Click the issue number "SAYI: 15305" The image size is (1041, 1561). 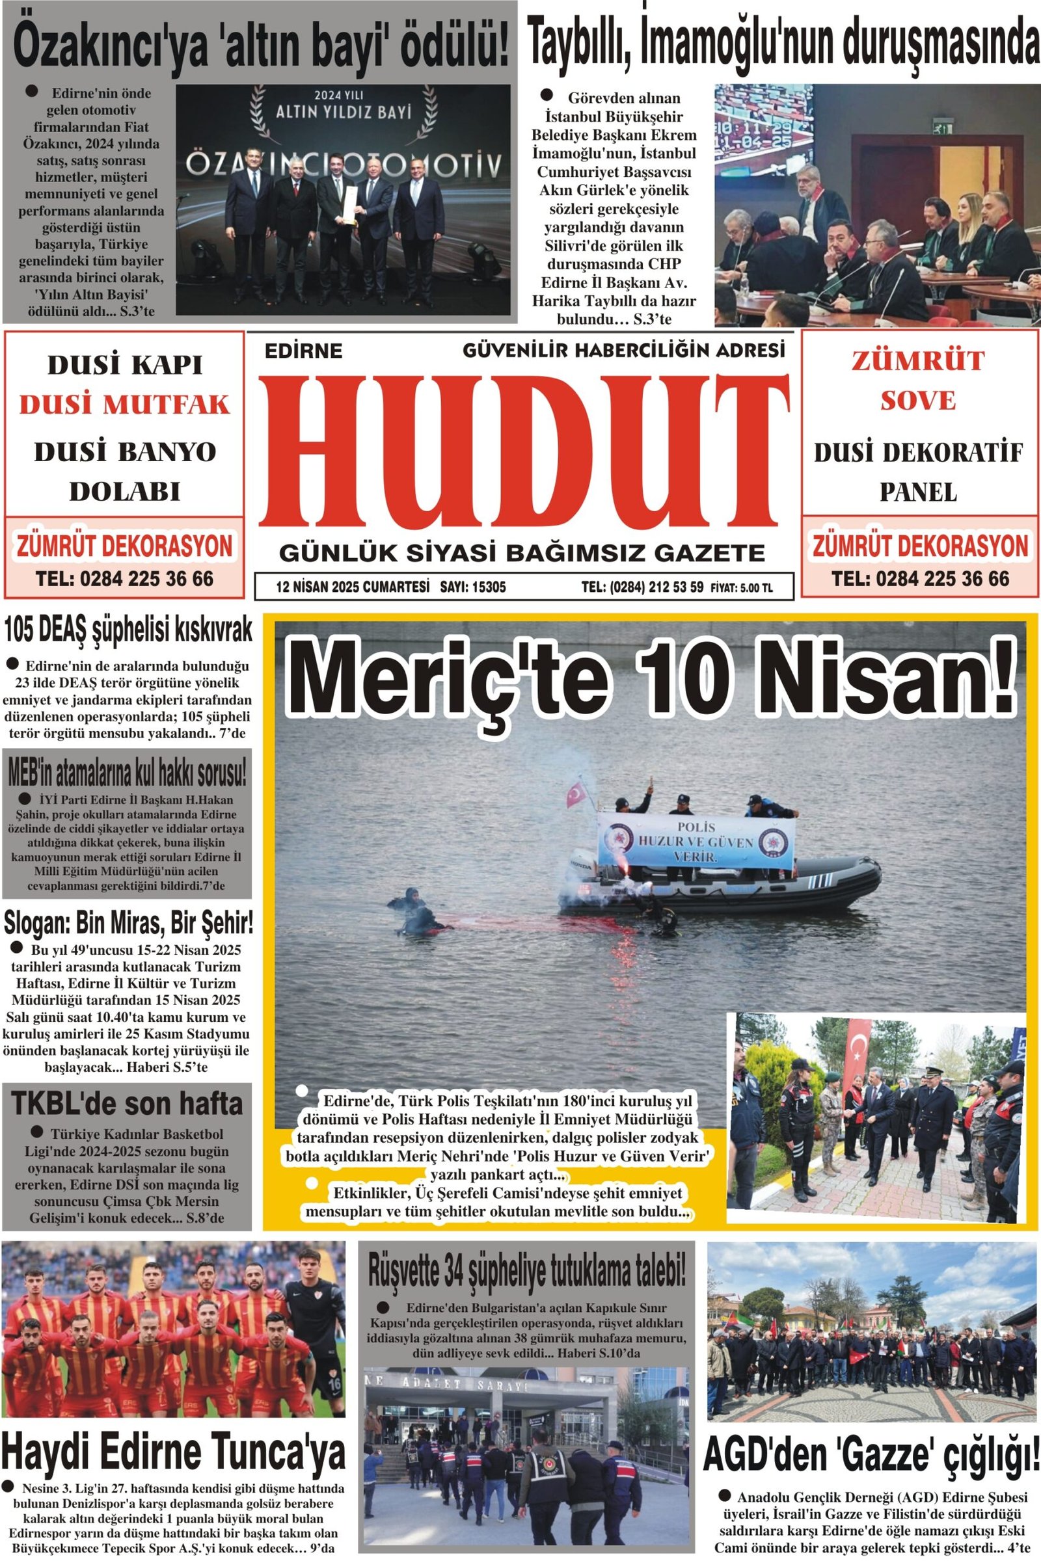[473, 587]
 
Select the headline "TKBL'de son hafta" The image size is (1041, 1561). [127, 1104]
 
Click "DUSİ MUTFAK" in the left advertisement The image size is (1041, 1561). [124, 404]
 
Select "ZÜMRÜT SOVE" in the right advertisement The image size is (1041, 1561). [917, 380]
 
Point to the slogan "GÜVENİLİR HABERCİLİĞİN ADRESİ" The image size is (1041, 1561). [623, 350]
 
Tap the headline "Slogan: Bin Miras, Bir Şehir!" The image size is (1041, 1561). [128, 923]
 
